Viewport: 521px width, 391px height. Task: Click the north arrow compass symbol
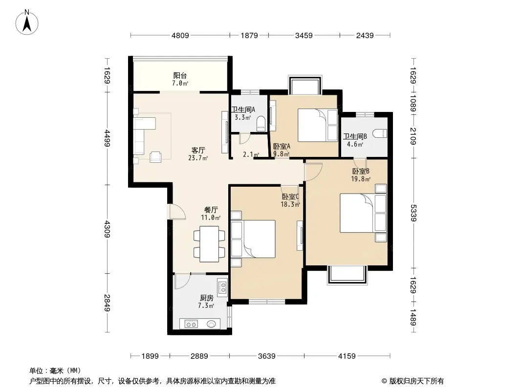(27, 22)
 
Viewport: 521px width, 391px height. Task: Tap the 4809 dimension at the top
(180, 35)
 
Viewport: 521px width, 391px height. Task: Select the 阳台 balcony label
(180, 75)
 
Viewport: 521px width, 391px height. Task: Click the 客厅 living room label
(198, 151)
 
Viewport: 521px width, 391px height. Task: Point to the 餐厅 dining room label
(211, 210)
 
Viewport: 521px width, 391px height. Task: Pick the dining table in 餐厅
(209, 244)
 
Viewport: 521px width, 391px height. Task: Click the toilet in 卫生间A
(261, 123)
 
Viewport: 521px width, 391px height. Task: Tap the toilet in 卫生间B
(380, 133)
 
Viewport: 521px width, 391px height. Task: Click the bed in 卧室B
(363, 213)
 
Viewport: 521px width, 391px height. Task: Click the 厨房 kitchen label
(206, 298)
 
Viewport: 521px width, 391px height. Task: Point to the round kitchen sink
(211, 324)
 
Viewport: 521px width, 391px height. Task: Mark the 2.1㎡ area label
(251, 154)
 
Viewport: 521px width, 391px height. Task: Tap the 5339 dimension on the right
(413, 213)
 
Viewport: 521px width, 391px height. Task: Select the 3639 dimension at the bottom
(267, 356)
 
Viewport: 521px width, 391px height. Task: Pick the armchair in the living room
(155, 157)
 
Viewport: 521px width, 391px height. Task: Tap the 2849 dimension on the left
(107, 303)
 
